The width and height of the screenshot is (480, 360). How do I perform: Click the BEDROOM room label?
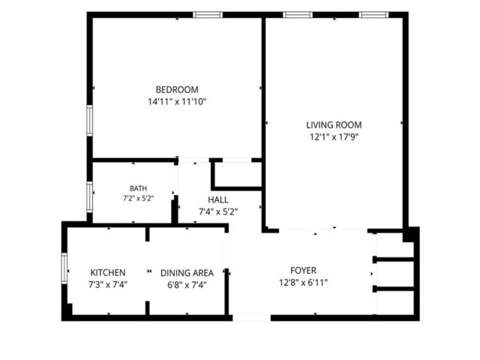tap(177, 90)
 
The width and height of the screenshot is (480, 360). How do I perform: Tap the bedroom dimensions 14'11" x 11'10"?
tap(177, 102)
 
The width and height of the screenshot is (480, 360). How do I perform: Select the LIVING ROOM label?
tap(334, 125)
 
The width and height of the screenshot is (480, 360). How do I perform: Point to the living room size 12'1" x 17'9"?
tap(334, 136)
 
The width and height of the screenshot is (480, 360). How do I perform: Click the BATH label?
tap(138, 188)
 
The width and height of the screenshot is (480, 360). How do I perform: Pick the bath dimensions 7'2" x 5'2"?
tap(138, 198)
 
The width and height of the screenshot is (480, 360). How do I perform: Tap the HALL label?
tap(218, 200)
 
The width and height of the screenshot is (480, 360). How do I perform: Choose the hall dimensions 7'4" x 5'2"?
tap(218, 211)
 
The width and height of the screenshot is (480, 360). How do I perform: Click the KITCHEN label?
tap(108, 272)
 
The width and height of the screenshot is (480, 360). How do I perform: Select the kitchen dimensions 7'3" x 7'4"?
tap(108, 285)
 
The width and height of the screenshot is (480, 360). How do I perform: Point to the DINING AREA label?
tap(187, 273)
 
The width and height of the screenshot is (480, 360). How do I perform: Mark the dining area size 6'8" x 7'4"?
tap(187, 285)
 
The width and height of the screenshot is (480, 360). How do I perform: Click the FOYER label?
tap(303, 271)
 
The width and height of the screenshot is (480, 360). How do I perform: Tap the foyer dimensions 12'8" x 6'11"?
tap(303, 282)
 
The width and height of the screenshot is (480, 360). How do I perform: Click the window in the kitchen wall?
tap(64, 268)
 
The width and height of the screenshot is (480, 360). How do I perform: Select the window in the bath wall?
tap(89, 197)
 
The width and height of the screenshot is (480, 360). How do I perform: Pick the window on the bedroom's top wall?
tap(208, 15)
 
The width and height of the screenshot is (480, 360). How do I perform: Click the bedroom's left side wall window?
tap(89, 121)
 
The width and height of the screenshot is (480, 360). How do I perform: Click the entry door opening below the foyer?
tap(252, 318)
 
